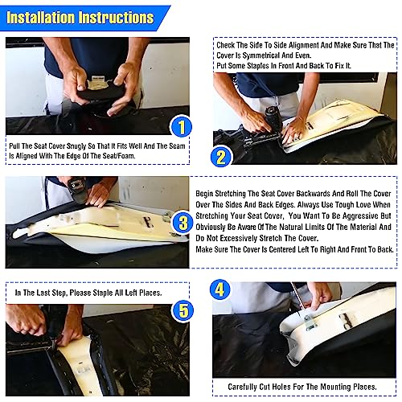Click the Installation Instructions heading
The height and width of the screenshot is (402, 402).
(80, 18)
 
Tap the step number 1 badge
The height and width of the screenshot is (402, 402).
(182, 126)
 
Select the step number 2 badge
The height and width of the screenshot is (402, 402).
(221, 157)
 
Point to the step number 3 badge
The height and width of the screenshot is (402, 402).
(183, 223)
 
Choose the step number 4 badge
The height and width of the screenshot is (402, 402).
(219, 289)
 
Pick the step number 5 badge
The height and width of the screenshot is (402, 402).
(183, 310)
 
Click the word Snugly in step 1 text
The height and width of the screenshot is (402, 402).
(76, 146)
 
